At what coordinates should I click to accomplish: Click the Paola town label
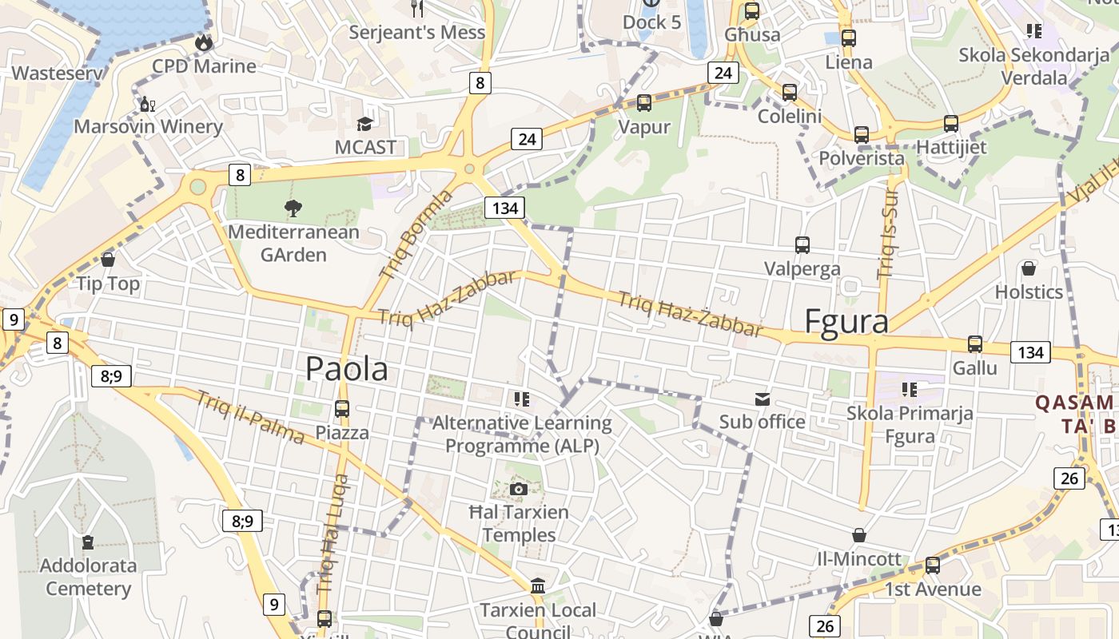click(x=347, y=368)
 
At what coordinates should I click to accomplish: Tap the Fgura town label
click(x=846, y=321)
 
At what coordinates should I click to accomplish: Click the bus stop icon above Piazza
click(x=342, y=409)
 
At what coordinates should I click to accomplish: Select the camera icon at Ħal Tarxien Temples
click(x=519, y=489)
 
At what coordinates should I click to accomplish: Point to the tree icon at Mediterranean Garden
click(x=293, y=208)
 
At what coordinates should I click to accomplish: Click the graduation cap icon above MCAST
click(x=365, y=124)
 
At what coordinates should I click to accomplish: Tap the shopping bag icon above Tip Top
click(x=108, y=260)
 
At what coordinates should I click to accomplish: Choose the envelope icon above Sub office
click(x=762, y=399)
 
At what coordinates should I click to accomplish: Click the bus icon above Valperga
click(x=802, y=245)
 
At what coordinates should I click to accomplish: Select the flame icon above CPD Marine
click(x=204, y=42)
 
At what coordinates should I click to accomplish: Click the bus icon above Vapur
click(x=643, y=103)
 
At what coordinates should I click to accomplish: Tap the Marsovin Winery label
click(x=148, y=126)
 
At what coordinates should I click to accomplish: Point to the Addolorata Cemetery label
click(x=88, y=577)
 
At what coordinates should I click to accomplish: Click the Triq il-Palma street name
click(x=251, y=417)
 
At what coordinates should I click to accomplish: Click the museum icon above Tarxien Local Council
click(x=538, y=586)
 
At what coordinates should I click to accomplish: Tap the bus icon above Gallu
click(x=975, y=344)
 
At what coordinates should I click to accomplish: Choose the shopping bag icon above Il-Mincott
click(x=859, y=535)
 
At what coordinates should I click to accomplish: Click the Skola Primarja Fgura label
click(x=910, y=424)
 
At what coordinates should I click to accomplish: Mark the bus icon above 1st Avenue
click(x=932, y=566)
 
